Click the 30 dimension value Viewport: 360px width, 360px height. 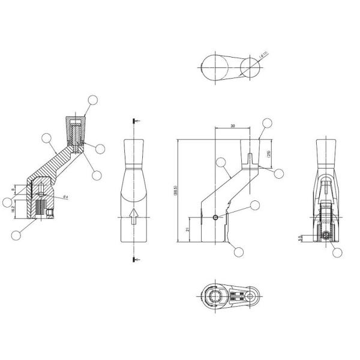pyautogui.click(x=232, y=127)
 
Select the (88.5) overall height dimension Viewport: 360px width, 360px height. pyautogui.click(x=175, y=191)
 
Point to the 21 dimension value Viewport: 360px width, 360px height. pyautogui.click(x=188, y=229)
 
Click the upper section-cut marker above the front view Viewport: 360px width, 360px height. pyautogui.click(x=134, y=121)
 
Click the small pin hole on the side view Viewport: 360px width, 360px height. pyautogui.click(x=217, y=218)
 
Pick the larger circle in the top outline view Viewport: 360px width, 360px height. pyautogui.click(x=214, y=67)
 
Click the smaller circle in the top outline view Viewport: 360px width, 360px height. pyautogui.click(x=250, y=67)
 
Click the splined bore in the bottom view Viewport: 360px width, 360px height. pyautogui.click(x=214, y=296)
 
